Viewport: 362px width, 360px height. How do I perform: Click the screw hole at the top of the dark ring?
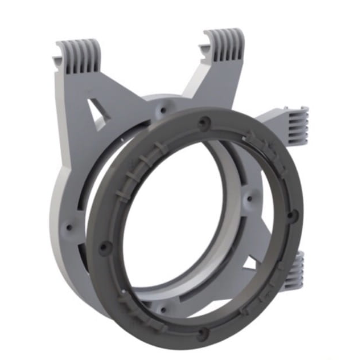point(205,122)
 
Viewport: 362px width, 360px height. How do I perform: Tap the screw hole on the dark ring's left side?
point(104,247)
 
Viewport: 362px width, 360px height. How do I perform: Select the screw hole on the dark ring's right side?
point(292,215)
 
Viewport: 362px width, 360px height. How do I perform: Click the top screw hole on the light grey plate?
point(164,108)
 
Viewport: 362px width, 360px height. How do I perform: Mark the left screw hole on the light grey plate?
point(70,226)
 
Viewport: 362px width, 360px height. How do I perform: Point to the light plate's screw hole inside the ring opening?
point(249,200)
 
